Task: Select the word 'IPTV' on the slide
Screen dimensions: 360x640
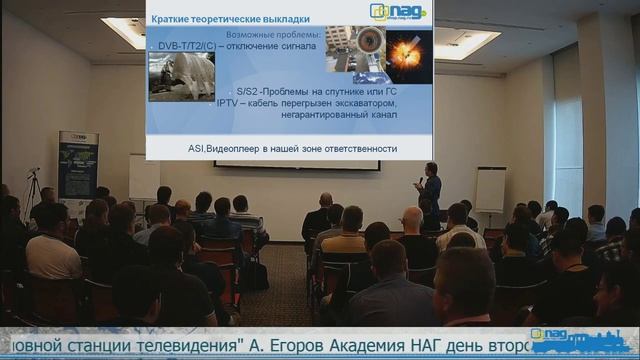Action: click(231, 103)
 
